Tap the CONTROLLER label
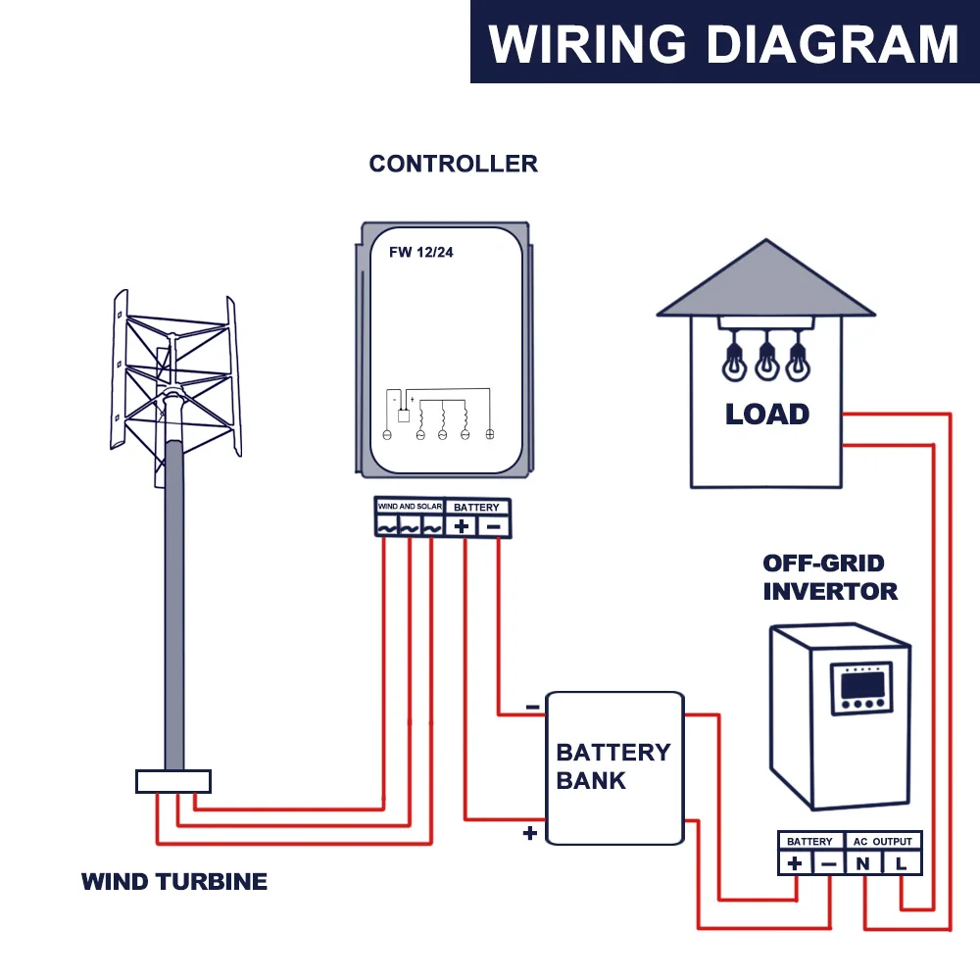pyautogui.click(x=453, y=164)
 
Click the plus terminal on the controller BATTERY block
pyautogui.click(x=462, y=526)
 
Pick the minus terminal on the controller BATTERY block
pyautogui.click(x=495, y=526)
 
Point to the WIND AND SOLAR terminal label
pyautogui.click(x=410, y=507)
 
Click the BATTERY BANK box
pyautogui.click(x=613, y=766)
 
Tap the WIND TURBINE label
pyautogui.click(x=174, y=881)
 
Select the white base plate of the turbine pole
pyautogui.click(x=173, y=781)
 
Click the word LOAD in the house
pyautogui.click(x=767, y=414)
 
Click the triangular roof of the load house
pyautogui.click(x=765, y=284)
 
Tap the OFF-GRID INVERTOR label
pyautogui.click(x=830, y=577)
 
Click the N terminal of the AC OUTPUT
pyautogui.click(x=863, y=863)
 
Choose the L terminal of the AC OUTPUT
pyautogui.click(x=901, y=863)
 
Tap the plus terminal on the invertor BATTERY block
pyautogui.click(x=795, y=863)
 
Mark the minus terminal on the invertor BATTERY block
pyautogui.click(x=829, y=863)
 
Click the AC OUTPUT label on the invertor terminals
pyautogui.click(x=882, y=841)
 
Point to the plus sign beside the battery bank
pyautogui.click(x=530, y=834)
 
